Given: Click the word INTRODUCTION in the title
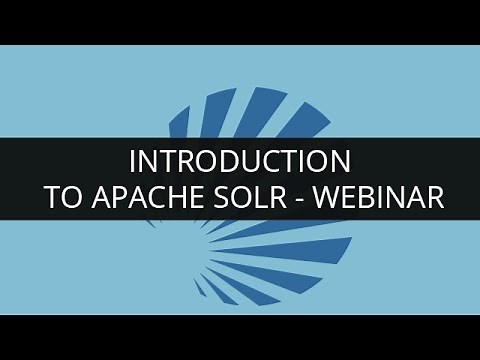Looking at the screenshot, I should (240, 160).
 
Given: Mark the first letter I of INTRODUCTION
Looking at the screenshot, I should (135, 160).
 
